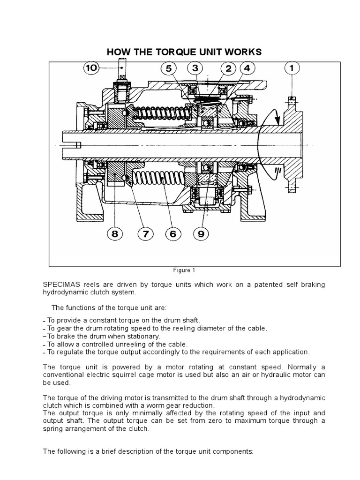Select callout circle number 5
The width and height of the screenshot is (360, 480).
(168, 68)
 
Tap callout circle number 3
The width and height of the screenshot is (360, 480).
(195, 68)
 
